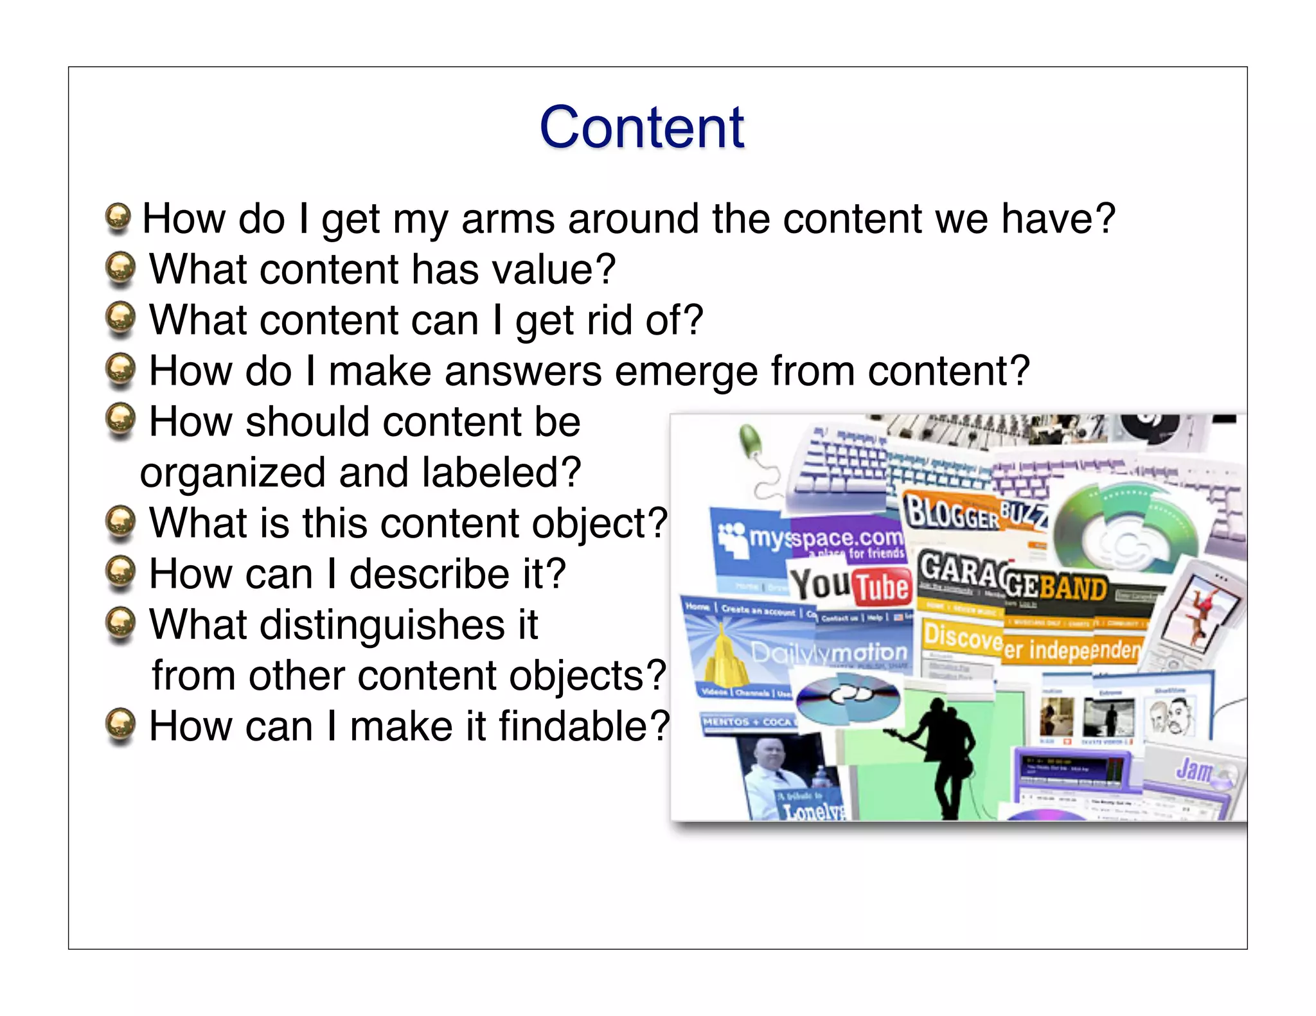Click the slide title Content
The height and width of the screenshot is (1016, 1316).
click(641, 127)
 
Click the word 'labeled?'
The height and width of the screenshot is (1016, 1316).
click(501, 473)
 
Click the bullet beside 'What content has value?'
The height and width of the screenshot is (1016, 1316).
click(120, 268)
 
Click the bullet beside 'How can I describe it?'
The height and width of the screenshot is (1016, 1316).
click(120, 572)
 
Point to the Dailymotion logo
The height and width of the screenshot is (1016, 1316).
click(829, 653)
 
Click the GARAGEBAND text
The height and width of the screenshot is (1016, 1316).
click(1012, 578)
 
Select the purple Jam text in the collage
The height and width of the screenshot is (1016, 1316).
click(1194, 769)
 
